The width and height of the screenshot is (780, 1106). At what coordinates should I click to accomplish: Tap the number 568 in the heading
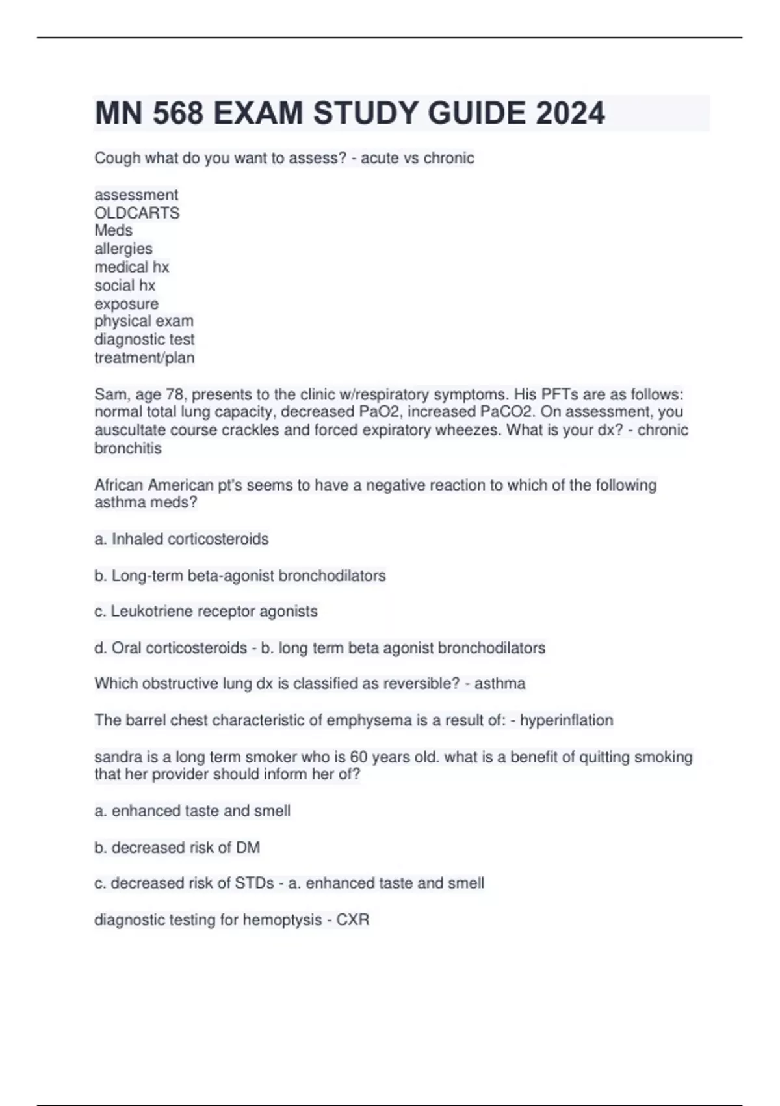point(177,113)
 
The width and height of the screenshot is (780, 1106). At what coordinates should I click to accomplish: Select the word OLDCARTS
point(137,213)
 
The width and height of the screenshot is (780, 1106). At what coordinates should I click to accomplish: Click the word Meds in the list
point(114,230)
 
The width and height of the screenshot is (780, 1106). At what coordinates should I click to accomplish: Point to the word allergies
point(123,249)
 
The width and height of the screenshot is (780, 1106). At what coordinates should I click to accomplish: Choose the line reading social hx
point(125,285)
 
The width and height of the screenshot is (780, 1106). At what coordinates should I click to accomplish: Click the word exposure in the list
point(127,304)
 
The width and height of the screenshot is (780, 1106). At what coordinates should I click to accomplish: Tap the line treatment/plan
point(144,357)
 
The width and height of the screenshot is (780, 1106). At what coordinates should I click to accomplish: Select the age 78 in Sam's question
point(177,394)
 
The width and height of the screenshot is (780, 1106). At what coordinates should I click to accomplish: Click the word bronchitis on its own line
point(128,448)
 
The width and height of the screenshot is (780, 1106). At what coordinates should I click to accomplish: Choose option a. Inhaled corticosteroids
point(181,539)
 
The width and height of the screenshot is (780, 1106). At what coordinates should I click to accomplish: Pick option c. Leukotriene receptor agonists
point(206,611)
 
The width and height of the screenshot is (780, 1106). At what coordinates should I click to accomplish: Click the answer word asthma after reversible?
point(500,683)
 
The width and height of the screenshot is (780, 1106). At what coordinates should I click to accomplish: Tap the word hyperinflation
point(567,720)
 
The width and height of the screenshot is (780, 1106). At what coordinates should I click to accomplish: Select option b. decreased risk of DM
point(177,847)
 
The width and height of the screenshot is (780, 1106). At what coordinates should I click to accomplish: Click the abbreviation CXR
point(353,919)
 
